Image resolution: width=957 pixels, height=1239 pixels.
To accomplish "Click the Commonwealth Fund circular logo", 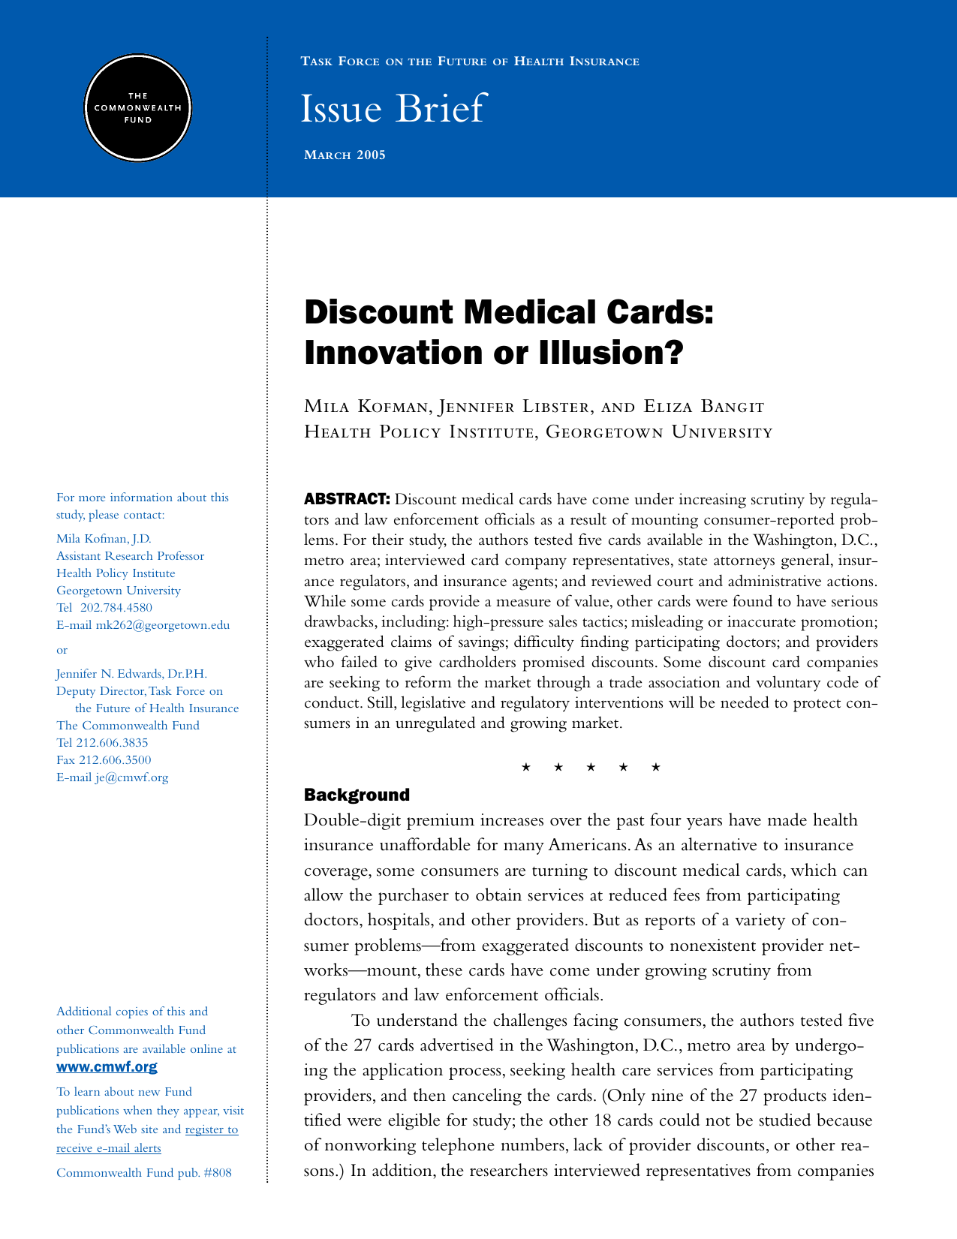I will (x=137, y=107).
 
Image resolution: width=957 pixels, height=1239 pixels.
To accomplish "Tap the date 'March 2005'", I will (x=345, y=155).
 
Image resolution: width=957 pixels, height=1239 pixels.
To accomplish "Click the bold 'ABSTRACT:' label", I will (x=346, y=500).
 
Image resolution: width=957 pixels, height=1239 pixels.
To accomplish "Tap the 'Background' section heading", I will (x=357, y=795).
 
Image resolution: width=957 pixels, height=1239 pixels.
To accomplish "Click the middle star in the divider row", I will (x=590, y=767).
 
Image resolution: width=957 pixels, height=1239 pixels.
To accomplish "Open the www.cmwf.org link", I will (x=107, y=1067).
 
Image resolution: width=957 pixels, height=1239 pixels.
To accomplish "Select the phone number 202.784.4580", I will (x=116, y=608).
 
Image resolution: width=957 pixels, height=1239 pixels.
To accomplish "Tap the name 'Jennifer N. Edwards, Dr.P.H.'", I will (x=131, y=674).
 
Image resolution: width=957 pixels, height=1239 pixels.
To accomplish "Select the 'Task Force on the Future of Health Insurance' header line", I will (x=470, y=62).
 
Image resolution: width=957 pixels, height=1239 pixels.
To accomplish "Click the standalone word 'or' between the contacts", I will (x=62, y=650).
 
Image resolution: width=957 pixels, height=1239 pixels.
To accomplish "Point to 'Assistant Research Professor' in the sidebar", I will (x=130, y=556).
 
